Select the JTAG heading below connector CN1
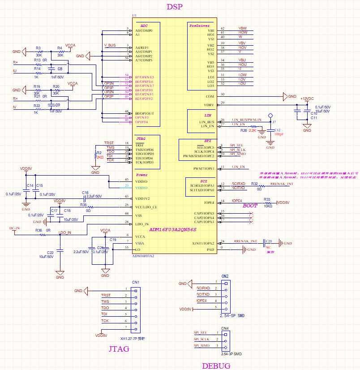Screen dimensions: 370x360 [119, 349]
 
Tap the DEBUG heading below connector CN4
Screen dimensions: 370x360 [216, 366]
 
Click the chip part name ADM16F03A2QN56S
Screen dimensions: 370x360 [172, 229]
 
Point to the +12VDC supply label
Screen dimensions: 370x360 [307, 99]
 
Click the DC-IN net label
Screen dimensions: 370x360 [15, 228]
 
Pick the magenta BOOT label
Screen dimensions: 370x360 [250, 206]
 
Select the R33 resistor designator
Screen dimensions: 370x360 [267, 199]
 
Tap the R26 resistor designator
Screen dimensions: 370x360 [244, 130]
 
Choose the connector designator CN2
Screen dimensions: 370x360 [225, 276]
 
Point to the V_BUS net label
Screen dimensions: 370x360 [110, 45]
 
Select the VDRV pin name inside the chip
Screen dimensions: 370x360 [209, 105]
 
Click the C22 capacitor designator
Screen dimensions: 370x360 [50, 253]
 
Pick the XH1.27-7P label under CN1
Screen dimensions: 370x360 [133, 339]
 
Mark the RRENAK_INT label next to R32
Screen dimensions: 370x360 [282, 184]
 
